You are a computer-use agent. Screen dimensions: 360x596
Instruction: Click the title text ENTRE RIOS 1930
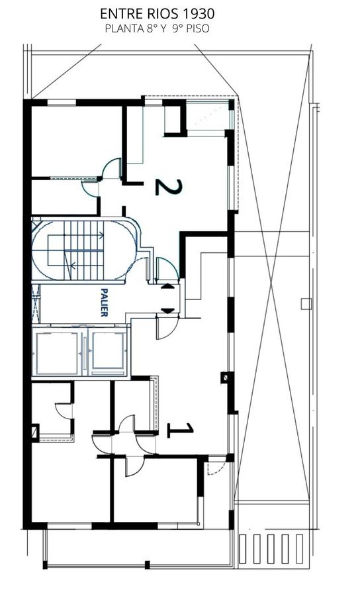tap(157, 14)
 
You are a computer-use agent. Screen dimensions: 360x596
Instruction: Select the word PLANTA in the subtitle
tap(124, 29)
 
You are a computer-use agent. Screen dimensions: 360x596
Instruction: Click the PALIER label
tap(104, 303)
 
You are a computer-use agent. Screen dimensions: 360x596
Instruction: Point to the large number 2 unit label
tap(169, 187)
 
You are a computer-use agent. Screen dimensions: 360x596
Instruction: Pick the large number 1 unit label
tap(181, 430)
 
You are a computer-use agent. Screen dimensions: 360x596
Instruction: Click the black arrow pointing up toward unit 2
tap(167, 287)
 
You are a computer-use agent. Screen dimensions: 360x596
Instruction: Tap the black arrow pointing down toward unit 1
tap(167, 311)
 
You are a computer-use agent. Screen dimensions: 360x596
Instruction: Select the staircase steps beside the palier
tap(83, 250)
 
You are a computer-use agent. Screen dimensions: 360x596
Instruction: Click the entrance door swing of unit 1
tap(167, 328)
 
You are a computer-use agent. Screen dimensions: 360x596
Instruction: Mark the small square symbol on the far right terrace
tap(306, 304)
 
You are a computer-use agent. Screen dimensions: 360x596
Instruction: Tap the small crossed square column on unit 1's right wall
tap(225, 377)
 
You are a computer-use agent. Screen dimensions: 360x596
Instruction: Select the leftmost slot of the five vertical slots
tap(242, 549)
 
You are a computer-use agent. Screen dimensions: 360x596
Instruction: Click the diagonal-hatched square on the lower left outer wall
tap(35, 432)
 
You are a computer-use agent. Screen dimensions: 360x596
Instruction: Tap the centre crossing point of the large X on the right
tap(271, 283)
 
